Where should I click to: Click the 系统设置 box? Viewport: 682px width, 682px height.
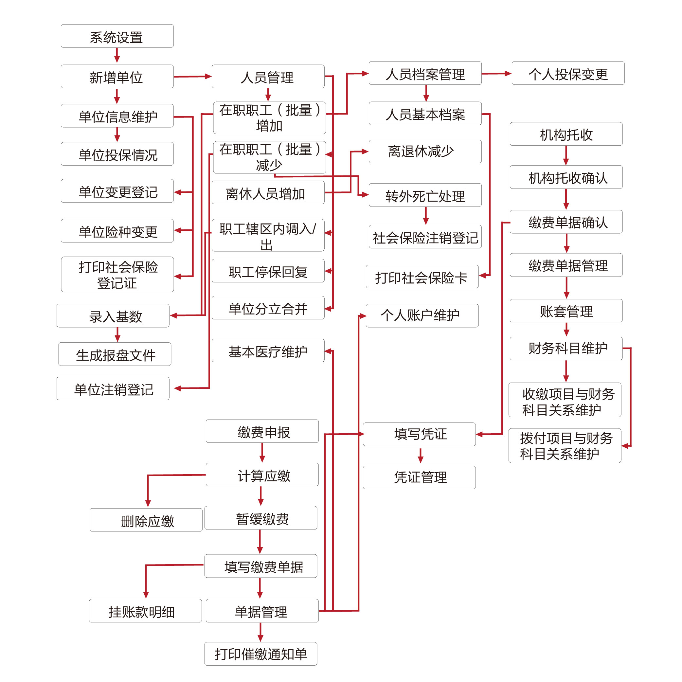117,36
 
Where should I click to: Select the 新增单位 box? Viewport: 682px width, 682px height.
117,77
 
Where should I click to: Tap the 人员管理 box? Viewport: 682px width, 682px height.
268,77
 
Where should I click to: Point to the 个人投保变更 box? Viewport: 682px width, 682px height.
568,73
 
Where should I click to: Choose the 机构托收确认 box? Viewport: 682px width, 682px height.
566,177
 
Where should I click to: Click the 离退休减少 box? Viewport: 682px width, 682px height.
425,152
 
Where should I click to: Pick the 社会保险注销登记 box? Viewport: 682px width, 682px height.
425,237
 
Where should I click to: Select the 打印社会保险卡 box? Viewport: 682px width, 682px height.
422,277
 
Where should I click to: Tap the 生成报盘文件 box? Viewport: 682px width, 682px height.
115,354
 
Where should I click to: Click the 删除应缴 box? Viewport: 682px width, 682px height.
146,520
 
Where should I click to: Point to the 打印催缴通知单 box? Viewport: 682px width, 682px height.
260,654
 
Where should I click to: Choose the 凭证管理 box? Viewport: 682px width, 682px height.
419,477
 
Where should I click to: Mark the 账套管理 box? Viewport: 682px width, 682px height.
566,311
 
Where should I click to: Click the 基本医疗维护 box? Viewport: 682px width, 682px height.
268,351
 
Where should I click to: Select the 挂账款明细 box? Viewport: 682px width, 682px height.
145,611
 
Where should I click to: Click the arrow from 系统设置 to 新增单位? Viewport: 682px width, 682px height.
117,56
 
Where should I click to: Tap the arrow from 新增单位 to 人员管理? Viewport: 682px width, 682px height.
192,77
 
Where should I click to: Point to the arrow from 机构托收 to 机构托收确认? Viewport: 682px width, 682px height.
566,155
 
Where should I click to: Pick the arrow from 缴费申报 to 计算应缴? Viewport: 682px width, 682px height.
262,453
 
